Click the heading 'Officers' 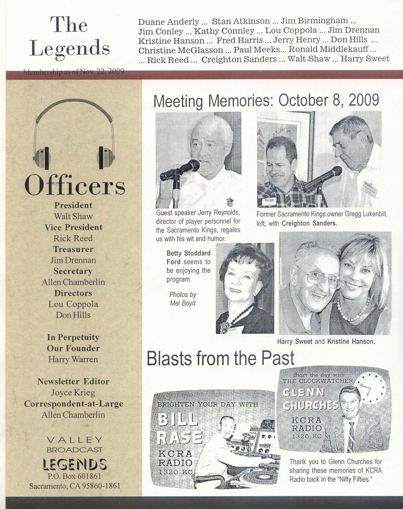pos(75,185)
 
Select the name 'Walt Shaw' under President pos(73,216)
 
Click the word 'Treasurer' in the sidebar pos(73,249)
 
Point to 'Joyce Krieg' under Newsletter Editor pos(73,393)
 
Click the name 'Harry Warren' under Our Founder pos(73,359)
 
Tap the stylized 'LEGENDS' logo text pos(75,464)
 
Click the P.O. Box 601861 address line pos(75,476)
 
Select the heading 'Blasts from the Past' pos(221,358)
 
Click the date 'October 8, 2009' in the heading pos(328,100)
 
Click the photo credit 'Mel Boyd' pos(183,303)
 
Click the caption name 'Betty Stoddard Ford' pos(188,258)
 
